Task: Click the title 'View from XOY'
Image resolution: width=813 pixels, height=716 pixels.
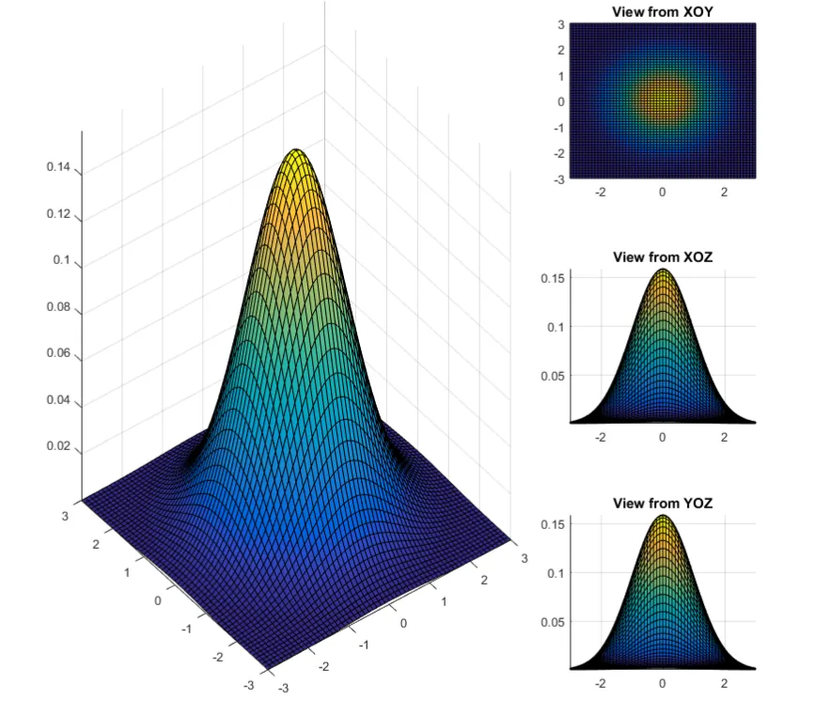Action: pos(663,11)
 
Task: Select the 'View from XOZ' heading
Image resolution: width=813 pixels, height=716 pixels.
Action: pos(663,257)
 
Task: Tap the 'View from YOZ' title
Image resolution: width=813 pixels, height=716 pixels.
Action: pos(663,504)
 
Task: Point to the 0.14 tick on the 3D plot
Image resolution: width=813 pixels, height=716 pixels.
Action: pos(59,168)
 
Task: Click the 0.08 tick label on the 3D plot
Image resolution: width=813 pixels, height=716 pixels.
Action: pos(59,306)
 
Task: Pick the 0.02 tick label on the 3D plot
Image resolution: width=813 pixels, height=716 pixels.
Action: pos(59,445)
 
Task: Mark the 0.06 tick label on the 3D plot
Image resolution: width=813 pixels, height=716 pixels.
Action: pos(59,353)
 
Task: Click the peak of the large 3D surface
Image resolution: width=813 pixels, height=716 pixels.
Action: pos(296,150)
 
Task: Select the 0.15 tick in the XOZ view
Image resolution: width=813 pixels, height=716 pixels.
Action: pos(552,277)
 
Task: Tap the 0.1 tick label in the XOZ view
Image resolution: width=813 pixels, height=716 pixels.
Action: pos(555,326)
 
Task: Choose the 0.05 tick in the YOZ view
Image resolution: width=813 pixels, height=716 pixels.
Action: pos(552,621)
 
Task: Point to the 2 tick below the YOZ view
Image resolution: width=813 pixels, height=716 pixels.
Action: pos(725,683)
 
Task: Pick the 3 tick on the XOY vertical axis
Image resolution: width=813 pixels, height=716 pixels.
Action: pos(559,24)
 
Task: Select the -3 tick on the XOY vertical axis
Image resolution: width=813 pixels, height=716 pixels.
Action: pos(557,178)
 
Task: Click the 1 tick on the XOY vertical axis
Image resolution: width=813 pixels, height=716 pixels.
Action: pos(559,76)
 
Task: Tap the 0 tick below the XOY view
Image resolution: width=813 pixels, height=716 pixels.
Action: pos(663,192)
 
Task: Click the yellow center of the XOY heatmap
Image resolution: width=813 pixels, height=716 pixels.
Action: pos(663,100)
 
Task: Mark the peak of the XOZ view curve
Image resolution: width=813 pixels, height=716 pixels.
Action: pos(663,271)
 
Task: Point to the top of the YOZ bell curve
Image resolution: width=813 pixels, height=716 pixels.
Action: pos(663,517)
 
